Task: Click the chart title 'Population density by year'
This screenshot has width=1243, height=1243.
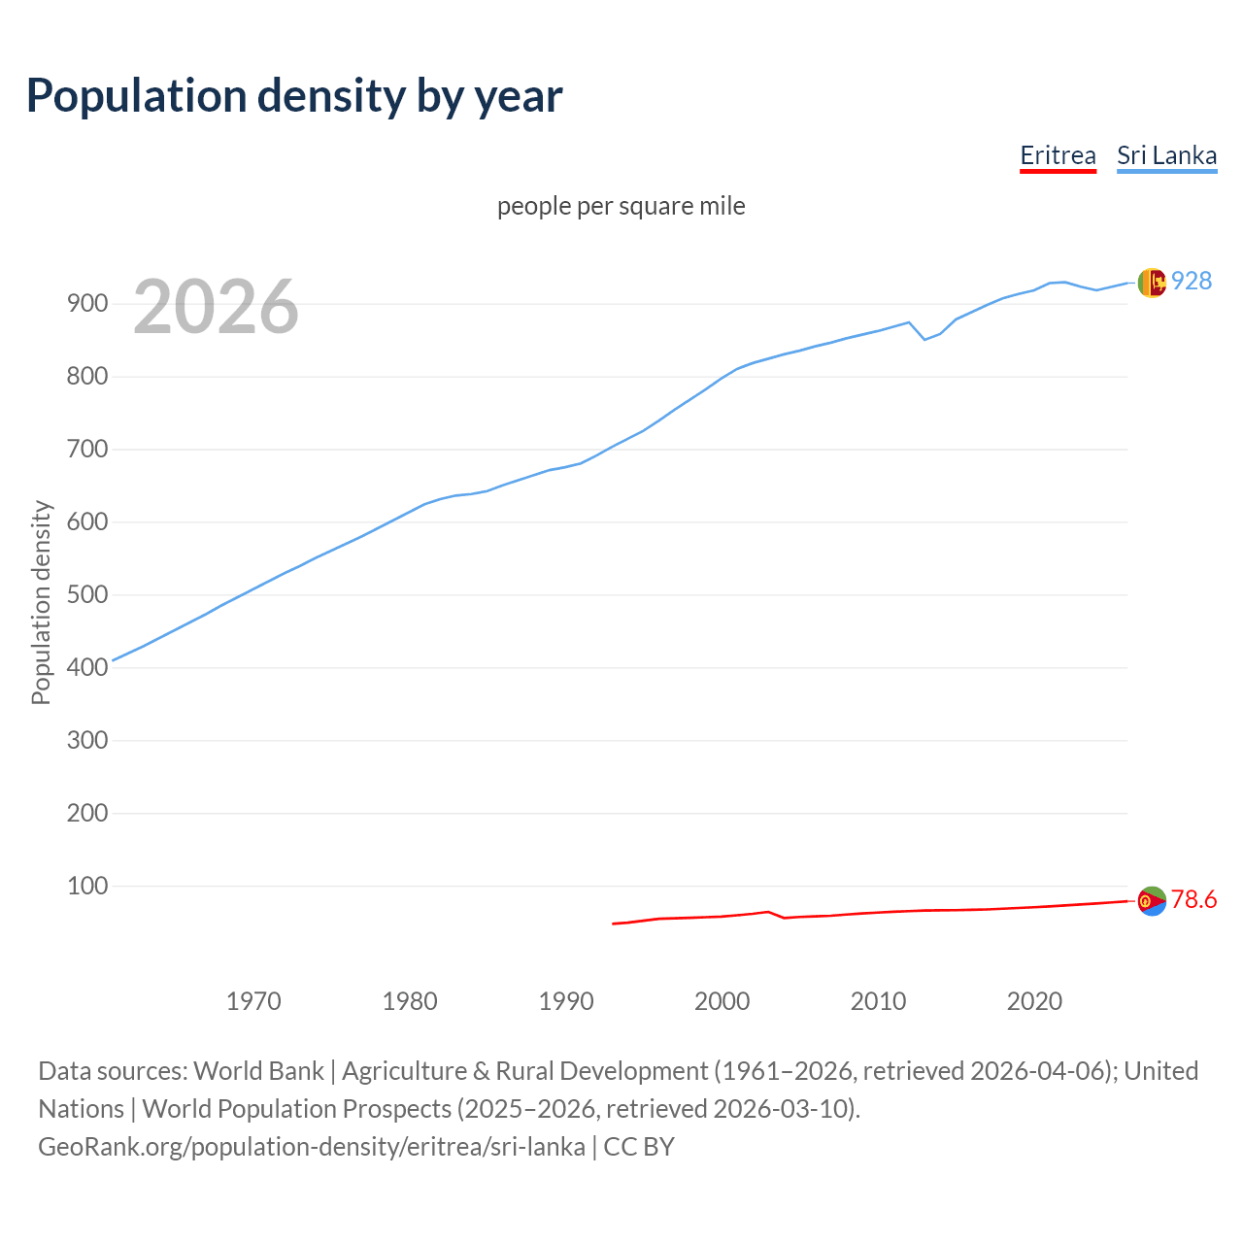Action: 294,95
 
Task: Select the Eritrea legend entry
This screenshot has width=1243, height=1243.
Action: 1058,155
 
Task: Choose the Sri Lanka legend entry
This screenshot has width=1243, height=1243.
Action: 1166,155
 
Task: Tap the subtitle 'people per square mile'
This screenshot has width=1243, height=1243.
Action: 621,206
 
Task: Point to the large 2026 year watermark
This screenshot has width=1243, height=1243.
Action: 216,307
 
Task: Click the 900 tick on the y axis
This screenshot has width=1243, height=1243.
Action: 86,303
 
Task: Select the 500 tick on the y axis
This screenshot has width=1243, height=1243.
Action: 86,594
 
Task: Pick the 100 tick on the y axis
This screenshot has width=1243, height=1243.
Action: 86,886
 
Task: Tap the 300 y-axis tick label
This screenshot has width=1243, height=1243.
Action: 86,740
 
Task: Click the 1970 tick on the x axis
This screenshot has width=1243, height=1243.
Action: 253,1000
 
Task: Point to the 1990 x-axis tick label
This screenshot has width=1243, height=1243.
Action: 566,1000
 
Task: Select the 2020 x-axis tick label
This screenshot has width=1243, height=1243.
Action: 1034,1000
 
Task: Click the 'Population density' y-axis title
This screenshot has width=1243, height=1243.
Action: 41,602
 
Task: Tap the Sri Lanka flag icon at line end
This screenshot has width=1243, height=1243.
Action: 1152,283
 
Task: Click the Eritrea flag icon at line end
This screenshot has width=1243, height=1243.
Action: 1152,901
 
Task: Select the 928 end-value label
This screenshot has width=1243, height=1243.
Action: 1192,281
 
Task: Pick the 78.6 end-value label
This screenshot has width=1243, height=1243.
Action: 1193,899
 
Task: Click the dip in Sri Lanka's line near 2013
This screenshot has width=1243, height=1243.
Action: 924,339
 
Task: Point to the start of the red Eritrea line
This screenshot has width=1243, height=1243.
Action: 614,924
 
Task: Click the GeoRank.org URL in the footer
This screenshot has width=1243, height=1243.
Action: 312,1146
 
